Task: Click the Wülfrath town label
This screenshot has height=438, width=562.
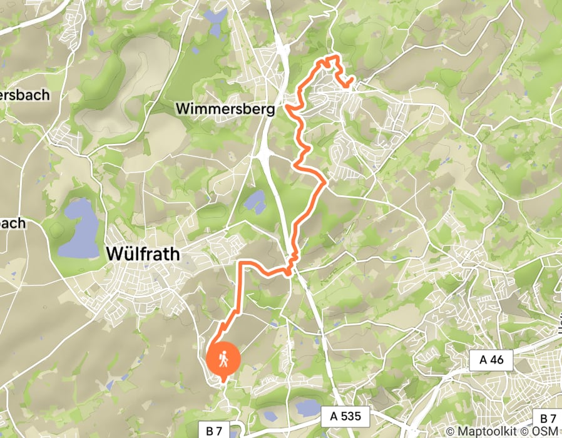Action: [143, 254]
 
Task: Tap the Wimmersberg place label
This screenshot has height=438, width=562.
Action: [225, 109]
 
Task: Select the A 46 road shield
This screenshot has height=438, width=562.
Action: [491, 360]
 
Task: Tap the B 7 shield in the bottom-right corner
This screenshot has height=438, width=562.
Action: [548, 419]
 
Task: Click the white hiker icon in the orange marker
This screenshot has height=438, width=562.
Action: [223, 359]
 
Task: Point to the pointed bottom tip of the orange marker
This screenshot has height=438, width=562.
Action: [223, 379]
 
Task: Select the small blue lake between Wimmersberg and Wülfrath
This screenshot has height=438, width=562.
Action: [255, 201]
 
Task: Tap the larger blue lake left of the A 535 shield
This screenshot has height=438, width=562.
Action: [306, 409]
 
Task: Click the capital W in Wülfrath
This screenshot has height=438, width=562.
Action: [116, 254]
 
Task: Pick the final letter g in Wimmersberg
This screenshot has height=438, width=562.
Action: [270, 110]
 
